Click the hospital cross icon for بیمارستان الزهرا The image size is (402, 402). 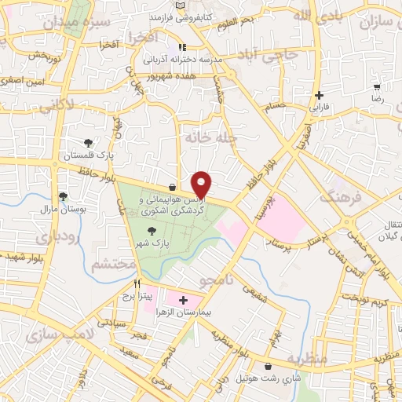185,301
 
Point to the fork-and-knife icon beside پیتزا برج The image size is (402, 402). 137,284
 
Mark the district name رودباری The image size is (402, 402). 38,235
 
